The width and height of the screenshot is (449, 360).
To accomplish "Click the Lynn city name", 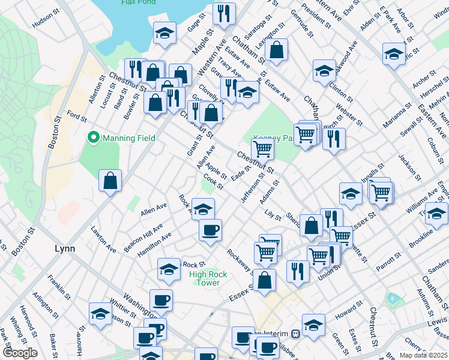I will [x=64, y=248].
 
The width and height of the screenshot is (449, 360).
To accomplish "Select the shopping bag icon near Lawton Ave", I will [x=110, y=181].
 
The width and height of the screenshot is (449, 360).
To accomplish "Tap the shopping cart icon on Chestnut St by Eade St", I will [x=262, y=148].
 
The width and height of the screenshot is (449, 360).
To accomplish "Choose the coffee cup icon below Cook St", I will [x=210, y=230].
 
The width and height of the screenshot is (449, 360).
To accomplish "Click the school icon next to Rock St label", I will [x=169, y=269].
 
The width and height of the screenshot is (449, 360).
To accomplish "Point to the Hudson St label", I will [x=47, y=22].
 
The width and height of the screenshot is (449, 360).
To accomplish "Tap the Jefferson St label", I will [x=252, y=189].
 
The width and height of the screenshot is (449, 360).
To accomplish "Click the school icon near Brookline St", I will [x=436, y=213].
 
